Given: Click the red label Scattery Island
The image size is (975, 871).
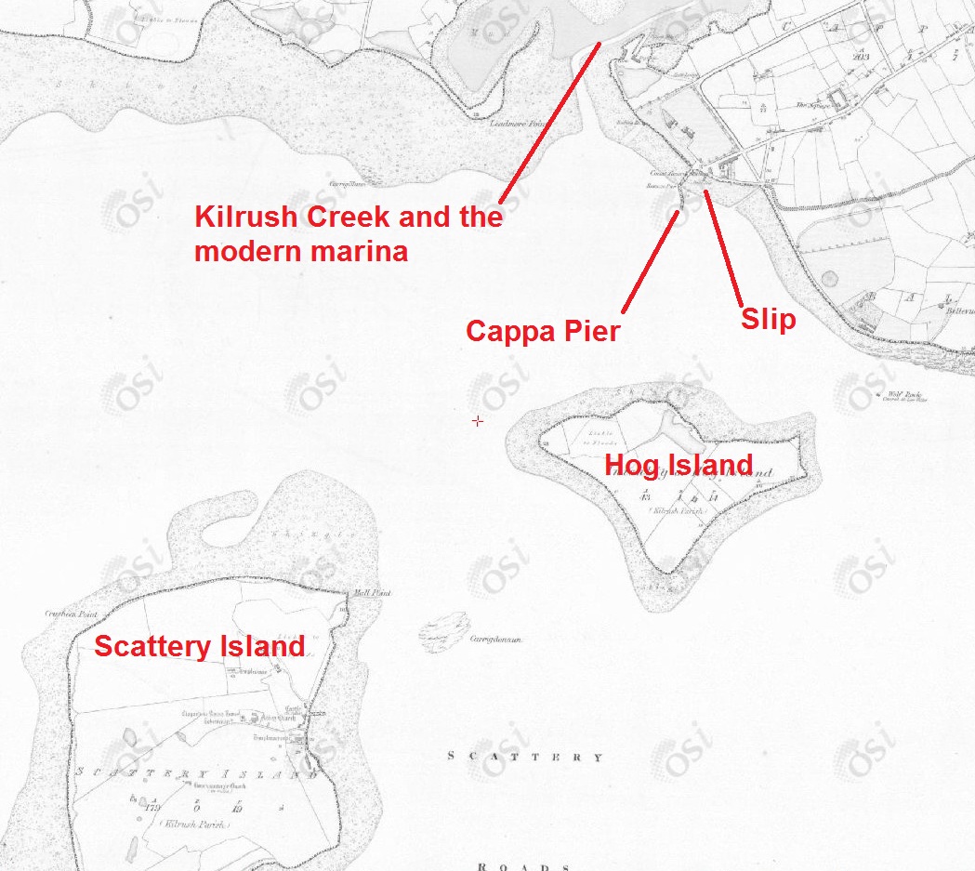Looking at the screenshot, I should coord(199,645).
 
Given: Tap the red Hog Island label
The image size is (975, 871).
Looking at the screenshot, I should coord(679,464).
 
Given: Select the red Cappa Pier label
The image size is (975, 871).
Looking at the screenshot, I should coord(542,331).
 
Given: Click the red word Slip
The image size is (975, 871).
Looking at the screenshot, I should coord(768,319).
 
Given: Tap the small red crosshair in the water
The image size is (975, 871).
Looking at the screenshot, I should coord(478,421).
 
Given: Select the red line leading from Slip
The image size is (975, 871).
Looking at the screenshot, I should coord(723,246).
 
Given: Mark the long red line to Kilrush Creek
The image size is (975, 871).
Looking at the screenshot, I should coord(550,121).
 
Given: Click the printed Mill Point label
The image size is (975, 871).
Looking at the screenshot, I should coord(357,592).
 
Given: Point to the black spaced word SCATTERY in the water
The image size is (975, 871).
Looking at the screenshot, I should coord(525,757).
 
